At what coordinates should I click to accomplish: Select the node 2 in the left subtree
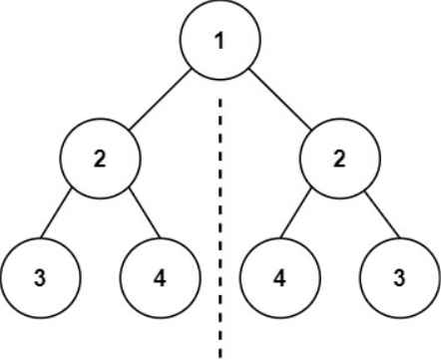tap(101, 161)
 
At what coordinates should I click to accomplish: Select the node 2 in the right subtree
tap(340, 161)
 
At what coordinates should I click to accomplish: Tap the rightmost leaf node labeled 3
tap(399, 276)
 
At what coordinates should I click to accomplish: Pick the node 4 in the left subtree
tap(161, 276)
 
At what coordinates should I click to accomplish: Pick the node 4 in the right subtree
tap(280, 276)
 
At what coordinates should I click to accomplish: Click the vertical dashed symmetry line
tap(220, 219)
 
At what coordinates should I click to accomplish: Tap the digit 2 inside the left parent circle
tap(101, 161)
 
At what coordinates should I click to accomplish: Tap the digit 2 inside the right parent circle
tap(340, 161)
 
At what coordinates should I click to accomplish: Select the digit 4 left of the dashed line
tap(161, 276)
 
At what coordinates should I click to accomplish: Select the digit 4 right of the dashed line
tap(280, 276)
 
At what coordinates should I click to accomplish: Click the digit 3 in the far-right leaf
tap(399, 276)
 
